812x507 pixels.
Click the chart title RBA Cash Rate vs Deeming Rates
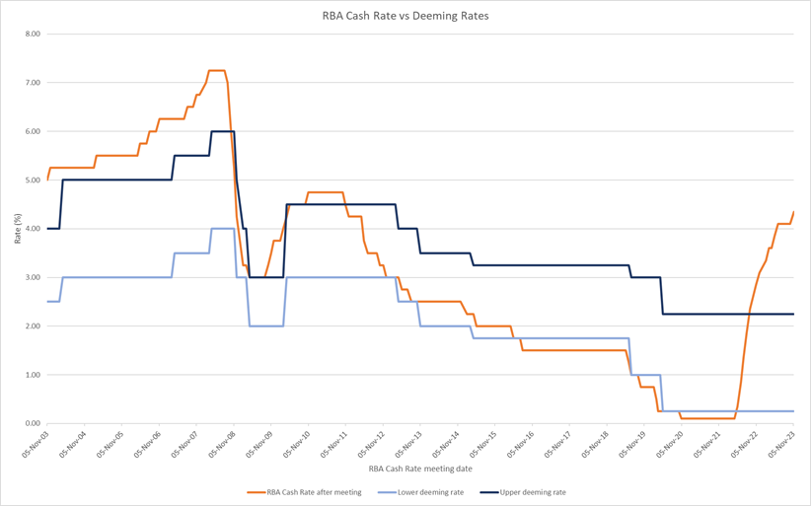(406, 16)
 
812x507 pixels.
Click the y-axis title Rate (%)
(18, 229)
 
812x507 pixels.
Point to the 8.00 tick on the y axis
(33, 35)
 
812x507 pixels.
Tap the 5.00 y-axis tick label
(33, 181)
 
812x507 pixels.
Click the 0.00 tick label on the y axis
(33, 424)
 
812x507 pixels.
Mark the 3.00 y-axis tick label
(33, 278)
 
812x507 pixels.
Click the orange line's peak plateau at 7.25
(217, 71)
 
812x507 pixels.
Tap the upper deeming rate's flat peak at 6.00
(222, 131)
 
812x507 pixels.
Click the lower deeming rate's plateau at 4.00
(222, 229)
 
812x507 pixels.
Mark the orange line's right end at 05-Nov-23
(793, 212)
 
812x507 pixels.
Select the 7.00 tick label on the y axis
(33, 83)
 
